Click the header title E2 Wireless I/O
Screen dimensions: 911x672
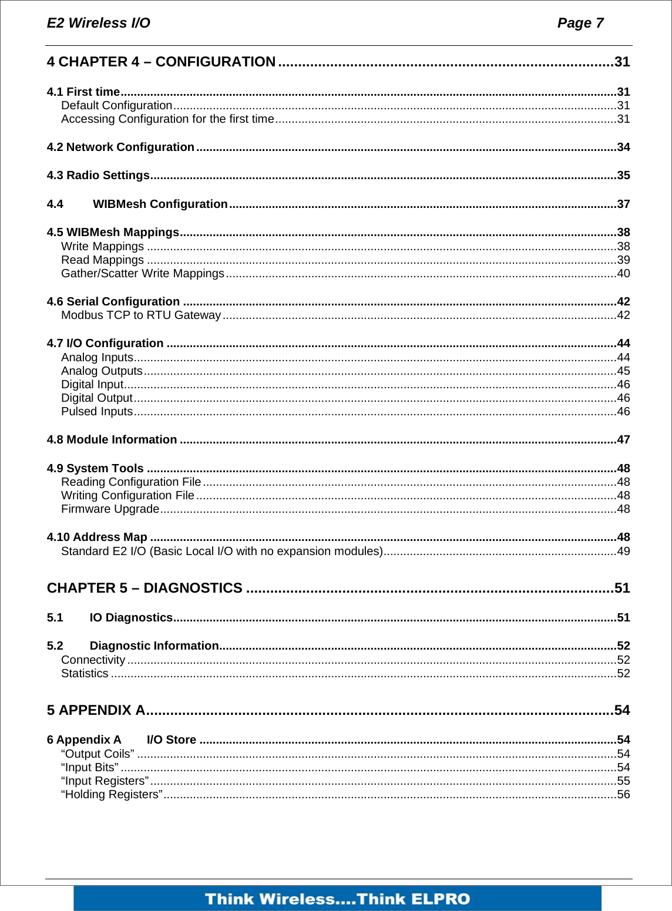98,23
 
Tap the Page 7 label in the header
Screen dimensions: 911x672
580,23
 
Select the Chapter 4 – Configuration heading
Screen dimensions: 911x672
161,62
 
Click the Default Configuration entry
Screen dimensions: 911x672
116,106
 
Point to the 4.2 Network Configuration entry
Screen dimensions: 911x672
120,147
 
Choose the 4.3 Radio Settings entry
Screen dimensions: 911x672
98,175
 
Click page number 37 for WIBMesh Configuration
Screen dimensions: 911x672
623,204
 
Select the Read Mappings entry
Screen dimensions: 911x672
102,260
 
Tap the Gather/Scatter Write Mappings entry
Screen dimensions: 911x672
143,273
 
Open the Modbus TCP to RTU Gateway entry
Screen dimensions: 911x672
141,315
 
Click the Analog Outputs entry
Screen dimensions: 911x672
102,371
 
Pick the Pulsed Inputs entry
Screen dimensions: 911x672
97,411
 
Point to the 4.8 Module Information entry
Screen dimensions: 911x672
112,439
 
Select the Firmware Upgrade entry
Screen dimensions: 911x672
110,509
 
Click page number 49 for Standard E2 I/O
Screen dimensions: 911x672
623,551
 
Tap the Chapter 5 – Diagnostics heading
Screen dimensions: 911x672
145,588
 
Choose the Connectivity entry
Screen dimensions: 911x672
93,660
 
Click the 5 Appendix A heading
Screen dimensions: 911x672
96,710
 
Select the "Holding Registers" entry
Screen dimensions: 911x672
112,794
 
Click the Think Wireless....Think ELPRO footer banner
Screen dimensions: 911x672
337,899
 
